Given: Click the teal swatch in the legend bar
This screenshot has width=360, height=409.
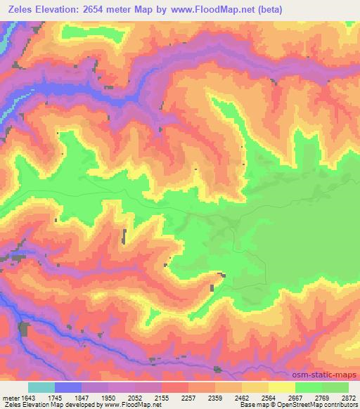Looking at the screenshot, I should coord(41,388).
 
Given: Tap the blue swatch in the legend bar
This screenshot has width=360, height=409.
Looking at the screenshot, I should coord(68,388).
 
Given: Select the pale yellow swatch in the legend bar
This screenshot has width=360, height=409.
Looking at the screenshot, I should coord(282,388).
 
